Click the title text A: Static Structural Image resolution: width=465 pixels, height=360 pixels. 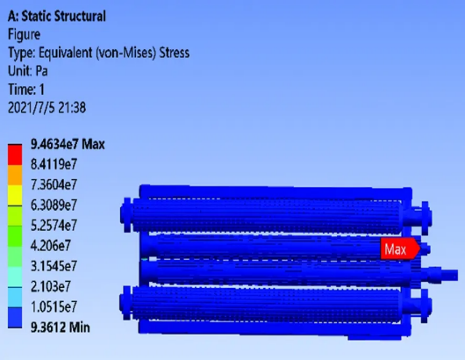pos(57,16)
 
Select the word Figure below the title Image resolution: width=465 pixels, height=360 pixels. pos(24,35)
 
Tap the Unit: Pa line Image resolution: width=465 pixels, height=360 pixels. pos(27,71)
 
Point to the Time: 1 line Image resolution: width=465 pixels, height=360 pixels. pos(26,90)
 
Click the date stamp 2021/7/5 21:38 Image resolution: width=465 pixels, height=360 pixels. pos(46,108)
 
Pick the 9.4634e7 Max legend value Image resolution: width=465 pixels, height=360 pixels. pos(68,144)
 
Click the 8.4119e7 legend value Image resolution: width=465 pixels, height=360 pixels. pos(54,164)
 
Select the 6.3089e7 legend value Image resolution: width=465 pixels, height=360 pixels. pos(54,205)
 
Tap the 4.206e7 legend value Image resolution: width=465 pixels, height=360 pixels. pos(51,246)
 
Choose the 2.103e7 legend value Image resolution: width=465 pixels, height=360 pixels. pos(51,286)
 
